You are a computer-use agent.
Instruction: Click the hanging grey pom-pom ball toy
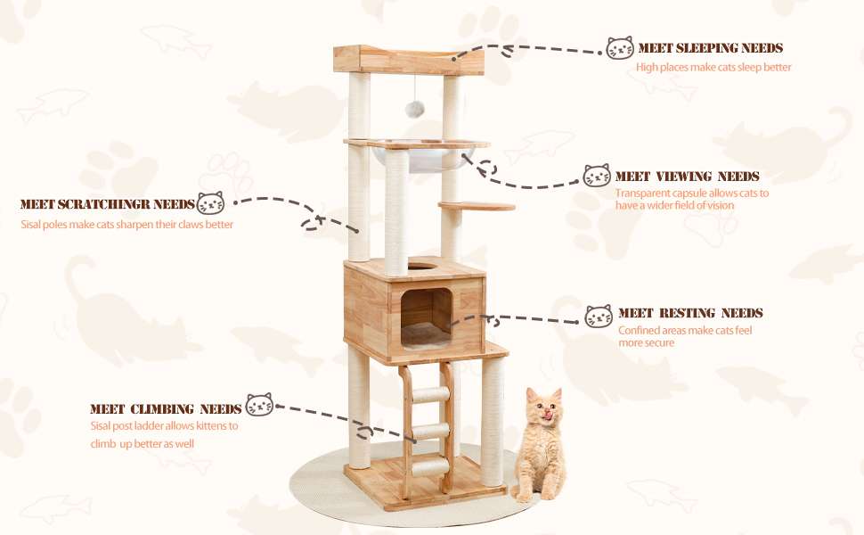click(x=413, y=109)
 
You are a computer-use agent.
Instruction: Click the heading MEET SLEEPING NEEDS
click(x=710, y=48)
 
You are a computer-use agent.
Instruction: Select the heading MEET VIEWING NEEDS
click(x=687, y=177)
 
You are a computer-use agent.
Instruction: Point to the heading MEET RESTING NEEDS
click(x=690, y=313)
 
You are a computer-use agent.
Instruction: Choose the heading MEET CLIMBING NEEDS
click(x=166, y=408)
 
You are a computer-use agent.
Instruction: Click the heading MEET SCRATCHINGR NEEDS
click(x=107, y=204)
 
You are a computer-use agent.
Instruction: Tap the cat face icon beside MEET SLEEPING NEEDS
click(x=620, y=48)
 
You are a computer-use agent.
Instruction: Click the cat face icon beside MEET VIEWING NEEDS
click(x=597, y=176)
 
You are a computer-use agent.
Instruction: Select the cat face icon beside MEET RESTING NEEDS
click(x=599, y=316)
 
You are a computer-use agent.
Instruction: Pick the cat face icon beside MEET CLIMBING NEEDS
click(x=259, y=405)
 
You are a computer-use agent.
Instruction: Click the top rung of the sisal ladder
click(x=432, y=395)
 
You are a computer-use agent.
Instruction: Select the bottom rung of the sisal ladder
click(x=431, y=463)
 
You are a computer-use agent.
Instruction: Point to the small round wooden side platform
click(x=477, y=207)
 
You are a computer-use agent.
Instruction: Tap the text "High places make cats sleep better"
click(x=713, y=67)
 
